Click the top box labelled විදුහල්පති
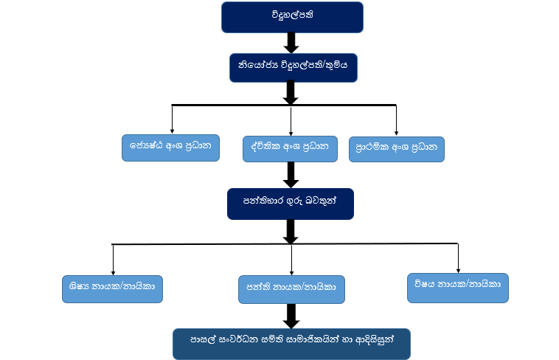click(292, 17)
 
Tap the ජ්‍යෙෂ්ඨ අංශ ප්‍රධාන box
click(171, 147)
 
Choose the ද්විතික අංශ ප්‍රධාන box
click(291, 148)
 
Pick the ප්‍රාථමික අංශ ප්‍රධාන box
click(397, 148)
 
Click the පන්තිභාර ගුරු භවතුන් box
click(291, 204)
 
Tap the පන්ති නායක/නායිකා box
click(291, 289)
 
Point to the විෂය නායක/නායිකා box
click(458, 286)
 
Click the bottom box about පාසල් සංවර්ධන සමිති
click(291, 343)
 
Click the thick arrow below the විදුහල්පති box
click(291, 43)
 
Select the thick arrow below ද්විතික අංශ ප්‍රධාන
click(291, 174)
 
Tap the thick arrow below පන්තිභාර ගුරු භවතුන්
click(291, 230)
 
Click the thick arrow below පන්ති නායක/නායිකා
click(291, 316)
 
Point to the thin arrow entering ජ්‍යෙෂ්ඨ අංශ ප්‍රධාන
click(172, 120)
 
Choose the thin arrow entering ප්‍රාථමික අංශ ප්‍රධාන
click(397, 120)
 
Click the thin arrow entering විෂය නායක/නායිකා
click(458, 258)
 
